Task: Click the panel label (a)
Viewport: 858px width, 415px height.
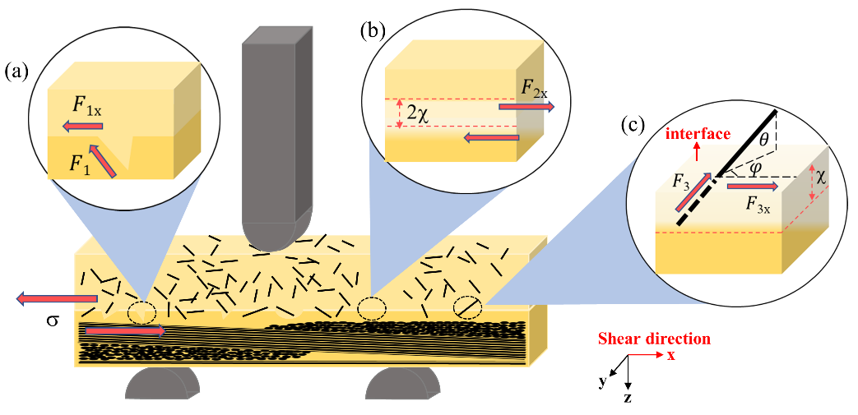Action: click(16, 72)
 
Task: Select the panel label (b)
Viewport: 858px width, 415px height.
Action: click(373, 31)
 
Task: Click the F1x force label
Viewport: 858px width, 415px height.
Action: click(87, 110)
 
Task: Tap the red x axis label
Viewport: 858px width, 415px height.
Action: click(671, 355)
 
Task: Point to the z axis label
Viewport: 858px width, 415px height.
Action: click(628, 398)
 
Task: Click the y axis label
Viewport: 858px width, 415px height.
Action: click(603, 381)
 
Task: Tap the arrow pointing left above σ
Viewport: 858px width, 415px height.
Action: click(57, 298)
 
